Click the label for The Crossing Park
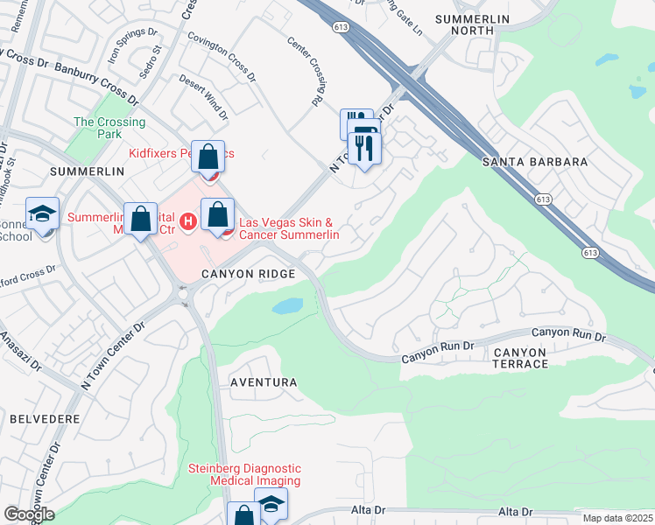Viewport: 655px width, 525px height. tap(97, 129)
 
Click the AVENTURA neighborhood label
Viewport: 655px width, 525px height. tap(264, 383)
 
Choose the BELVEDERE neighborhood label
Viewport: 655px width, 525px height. tap(45, 419)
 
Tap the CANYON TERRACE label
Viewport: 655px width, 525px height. tap(520, 358)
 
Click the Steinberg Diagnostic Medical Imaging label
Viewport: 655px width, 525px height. tap(245, 474)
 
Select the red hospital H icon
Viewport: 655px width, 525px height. tap(187, 228)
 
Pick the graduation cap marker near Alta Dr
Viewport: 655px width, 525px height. tap(271, 505)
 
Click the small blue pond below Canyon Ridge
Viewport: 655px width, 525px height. tap(288, 306)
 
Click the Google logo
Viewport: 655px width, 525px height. tap(29, 514)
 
